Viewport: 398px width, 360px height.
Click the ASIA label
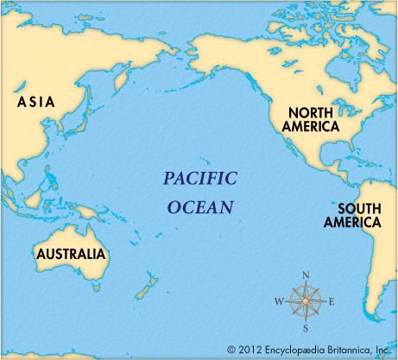pyautogui.click(x=35, y=102)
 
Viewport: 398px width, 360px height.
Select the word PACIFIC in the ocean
pyautogui.click(x=199, y=180)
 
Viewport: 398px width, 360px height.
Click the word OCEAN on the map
pyautogui.click(x=200, y=207)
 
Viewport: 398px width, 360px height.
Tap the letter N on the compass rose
pyautogui.click(x=305, y=275)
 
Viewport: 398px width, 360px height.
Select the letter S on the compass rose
pyautogui.click(x=305, y=327)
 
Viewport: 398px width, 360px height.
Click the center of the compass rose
pyautogui.click(x=305, y=301)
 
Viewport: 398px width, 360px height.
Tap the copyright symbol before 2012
pyautogui.click(x=231, y=350)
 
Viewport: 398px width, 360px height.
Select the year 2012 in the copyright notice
pyautogui.click(x=250, y=350)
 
